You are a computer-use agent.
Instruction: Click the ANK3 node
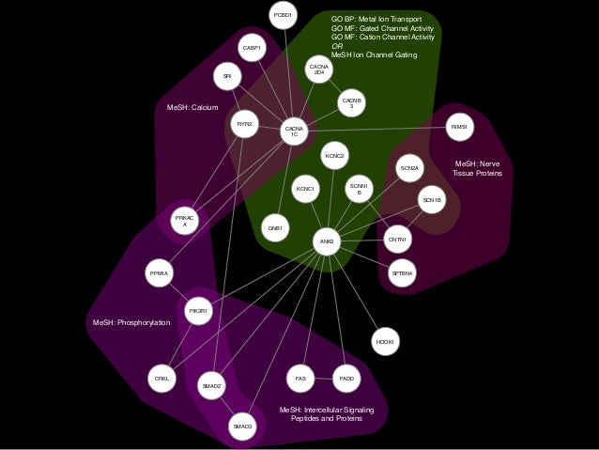tap(327, 242)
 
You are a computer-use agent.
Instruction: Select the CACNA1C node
tap(294, 132)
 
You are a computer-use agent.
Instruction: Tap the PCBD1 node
tap(283, 15)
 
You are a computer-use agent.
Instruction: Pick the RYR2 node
tap(244, 124)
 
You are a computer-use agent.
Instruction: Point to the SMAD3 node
tap(242, 427)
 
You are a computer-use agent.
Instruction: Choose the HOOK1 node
tap(384, 341)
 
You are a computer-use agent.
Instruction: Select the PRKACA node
tap(185, 221)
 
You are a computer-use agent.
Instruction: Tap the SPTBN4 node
tap(402, 272)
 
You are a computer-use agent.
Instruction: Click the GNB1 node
tap(275, 228)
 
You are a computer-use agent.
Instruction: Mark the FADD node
tap(346, 379)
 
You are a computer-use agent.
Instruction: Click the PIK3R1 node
tap(198, 309)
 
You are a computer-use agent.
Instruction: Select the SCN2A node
tap(410, 168)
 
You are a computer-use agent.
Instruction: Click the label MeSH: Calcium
tap(192, 108)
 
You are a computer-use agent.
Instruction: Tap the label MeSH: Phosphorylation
tap(131, 323)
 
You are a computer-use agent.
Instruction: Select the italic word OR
tap(337, 46)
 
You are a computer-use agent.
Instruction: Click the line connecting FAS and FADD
tap(323, 379)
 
